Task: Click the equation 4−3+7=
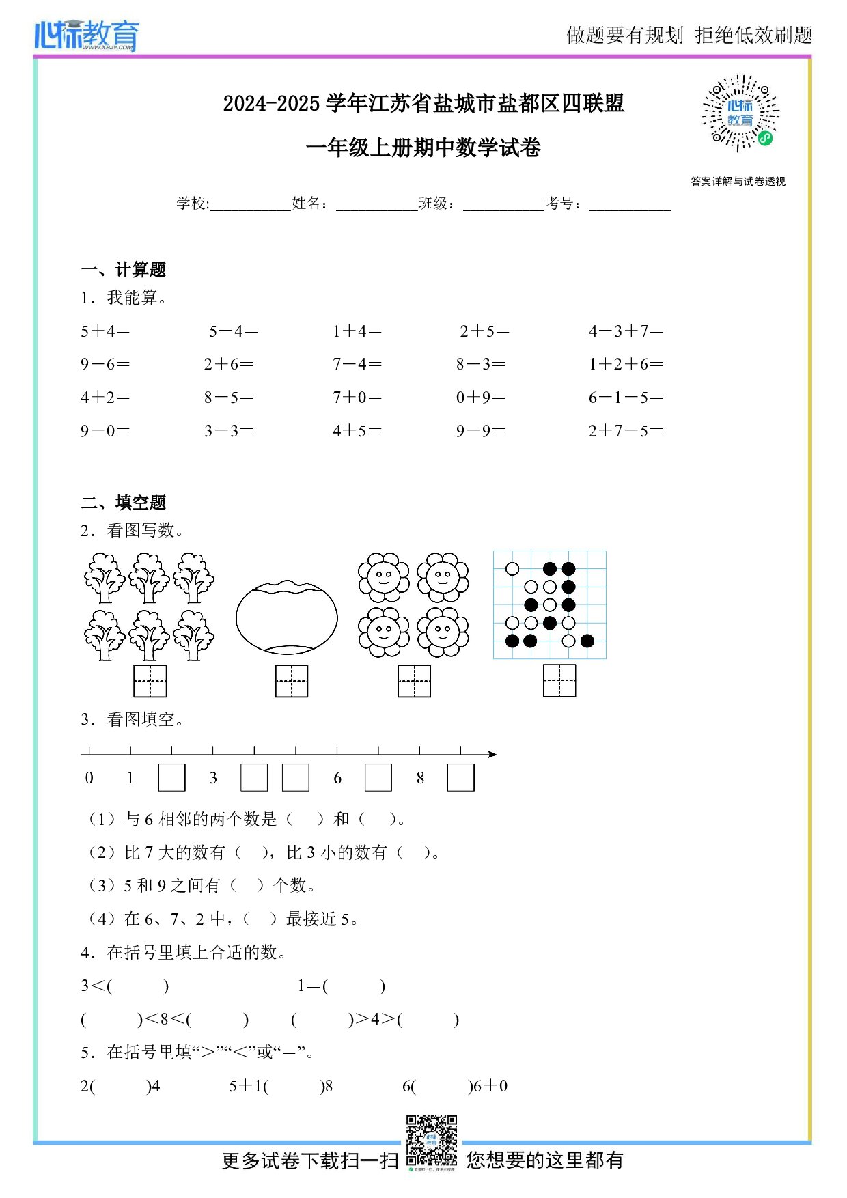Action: pyautogui.click(x=626, y=331)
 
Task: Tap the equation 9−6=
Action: pyautogui.click(x=105, y=365)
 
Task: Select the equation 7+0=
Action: pyautogui.click(x=357, y=398)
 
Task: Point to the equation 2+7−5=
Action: pyautogui.click(x=626, y=431)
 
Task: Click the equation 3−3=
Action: pyautogui.click(x=229, y=431)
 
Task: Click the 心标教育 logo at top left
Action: pyautogui.click(x=87, y=35)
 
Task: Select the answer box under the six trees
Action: pyautogui.click(x=150, y=681)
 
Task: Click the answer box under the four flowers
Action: pyautogui.click(x=414, y=681)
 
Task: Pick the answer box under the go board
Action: pyautogui.click(x=559, y=681)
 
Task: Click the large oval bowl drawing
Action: pyautogui.click(x=286, y=617)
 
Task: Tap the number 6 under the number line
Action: pyautogui.click(x=337, y=778)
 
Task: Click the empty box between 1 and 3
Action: pyautogui.click(x=171, y=778)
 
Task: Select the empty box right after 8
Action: pyautogui.click(x=460, y=778)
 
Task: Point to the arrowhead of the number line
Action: pyautogui.click(x=492, y=754)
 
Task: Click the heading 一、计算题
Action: pyautogui.click(x=124, y=270)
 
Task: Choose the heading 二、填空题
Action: pyautogui.click(x=124, y=503)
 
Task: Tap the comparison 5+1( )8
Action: pyautogui.click(x=281, y=1086)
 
